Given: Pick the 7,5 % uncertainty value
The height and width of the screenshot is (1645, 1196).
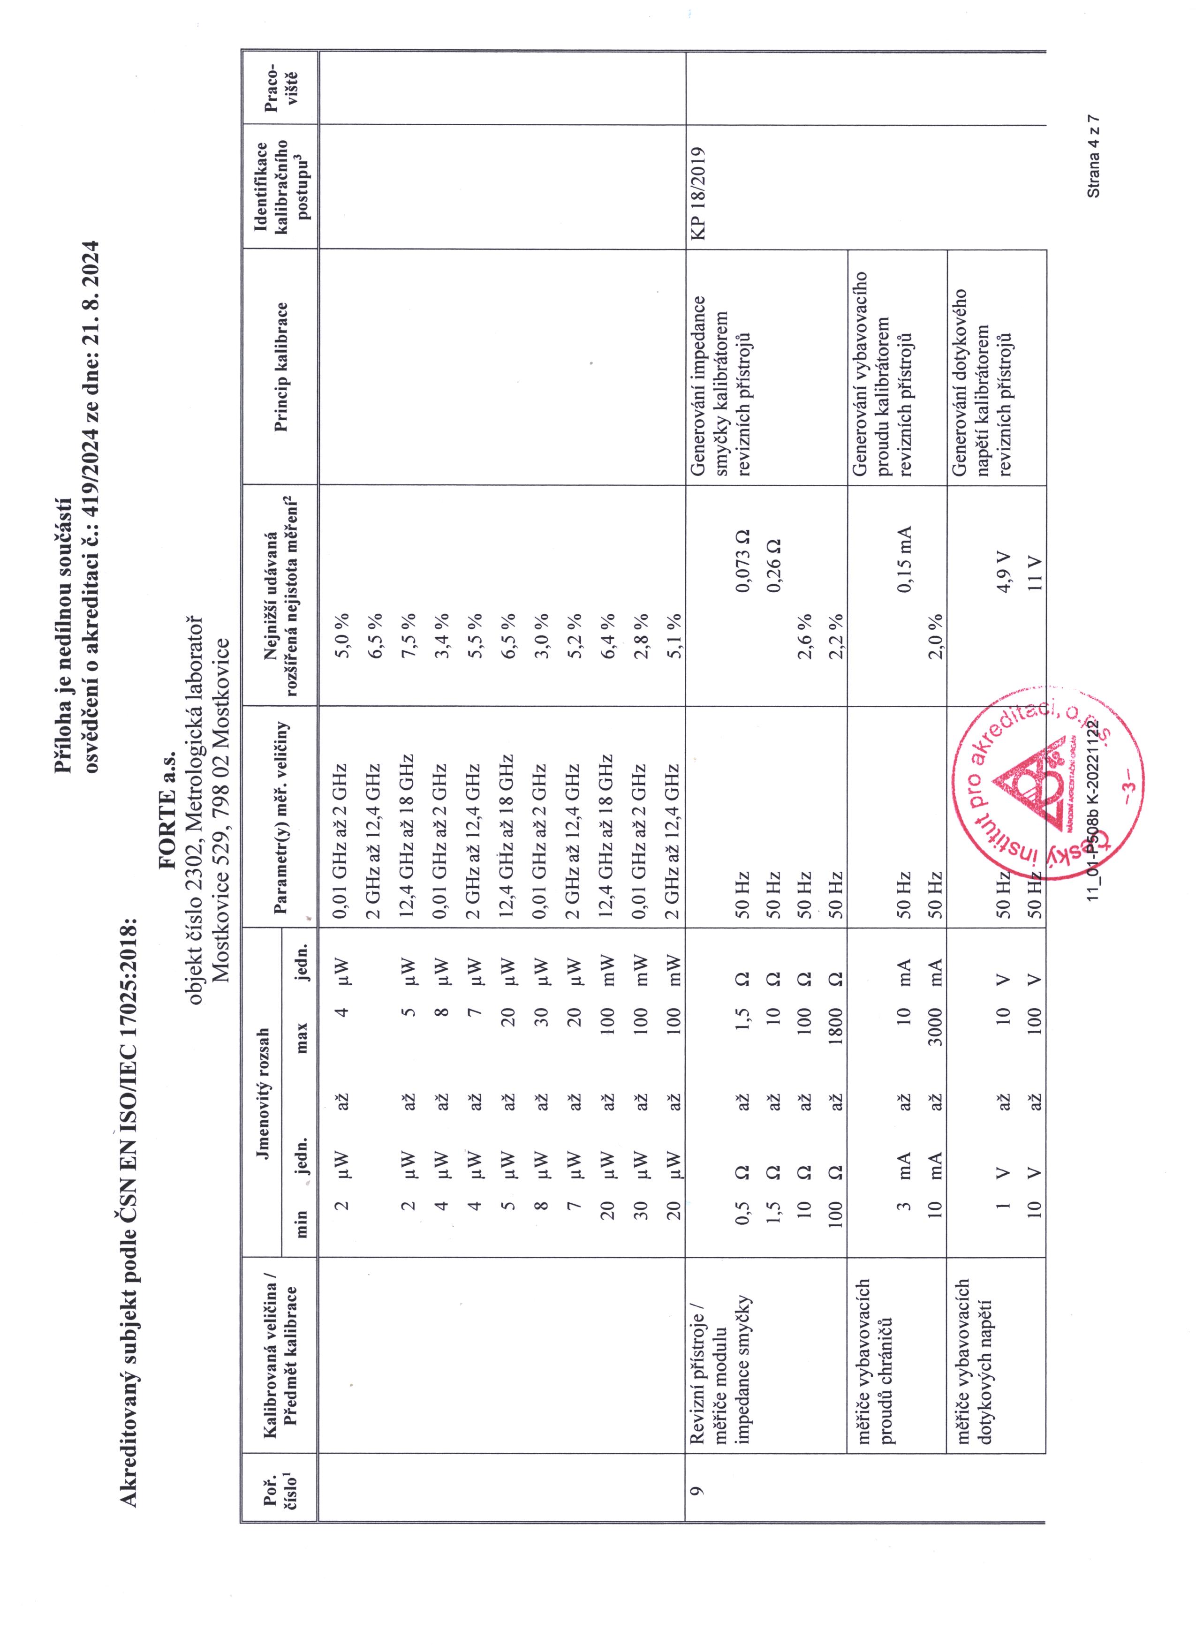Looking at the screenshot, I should coord(409,625).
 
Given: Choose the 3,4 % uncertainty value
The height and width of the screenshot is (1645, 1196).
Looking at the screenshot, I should coord(442,625).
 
